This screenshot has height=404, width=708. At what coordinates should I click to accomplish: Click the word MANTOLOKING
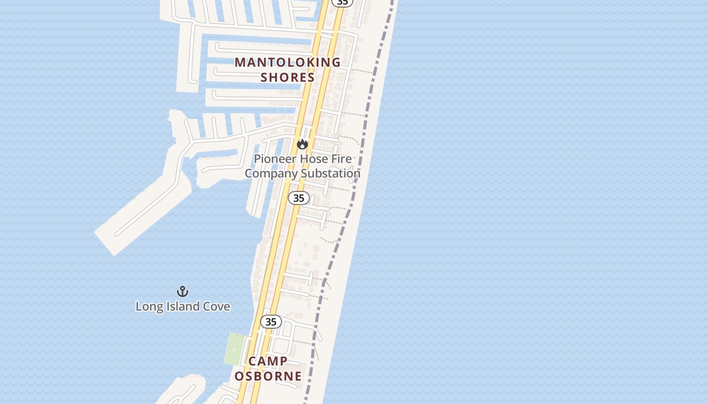[288, 62]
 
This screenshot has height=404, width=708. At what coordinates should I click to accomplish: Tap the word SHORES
[288, 77]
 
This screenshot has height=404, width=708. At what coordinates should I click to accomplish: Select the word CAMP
[268, 361]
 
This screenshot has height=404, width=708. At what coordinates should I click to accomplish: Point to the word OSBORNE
[268, 376]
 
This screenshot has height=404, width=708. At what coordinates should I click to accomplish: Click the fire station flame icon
[302, 144]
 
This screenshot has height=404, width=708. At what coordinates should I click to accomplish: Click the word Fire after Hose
[341, 159]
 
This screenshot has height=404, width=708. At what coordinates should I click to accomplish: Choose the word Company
[271, 173]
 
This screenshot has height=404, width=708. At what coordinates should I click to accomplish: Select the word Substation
[331, 173]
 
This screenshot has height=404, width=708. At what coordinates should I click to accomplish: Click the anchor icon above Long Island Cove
[183, 291]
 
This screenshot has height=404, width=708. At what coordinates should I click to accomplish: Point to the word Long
[149, 307]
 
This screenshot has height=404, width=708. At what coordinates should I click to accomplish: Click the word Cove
[216, 307]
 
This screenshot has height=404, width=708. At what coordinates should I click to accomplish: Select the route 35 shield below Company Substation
[299, 198]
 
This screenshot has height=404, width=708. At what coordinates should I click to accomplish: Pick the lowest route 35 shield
[271, 322]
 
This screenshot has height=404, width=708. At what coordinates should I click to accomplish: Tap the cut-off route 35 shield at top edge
[342, 3]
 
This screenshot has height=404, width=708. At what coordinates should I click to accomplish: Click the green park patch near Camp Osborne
[234, 348]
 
